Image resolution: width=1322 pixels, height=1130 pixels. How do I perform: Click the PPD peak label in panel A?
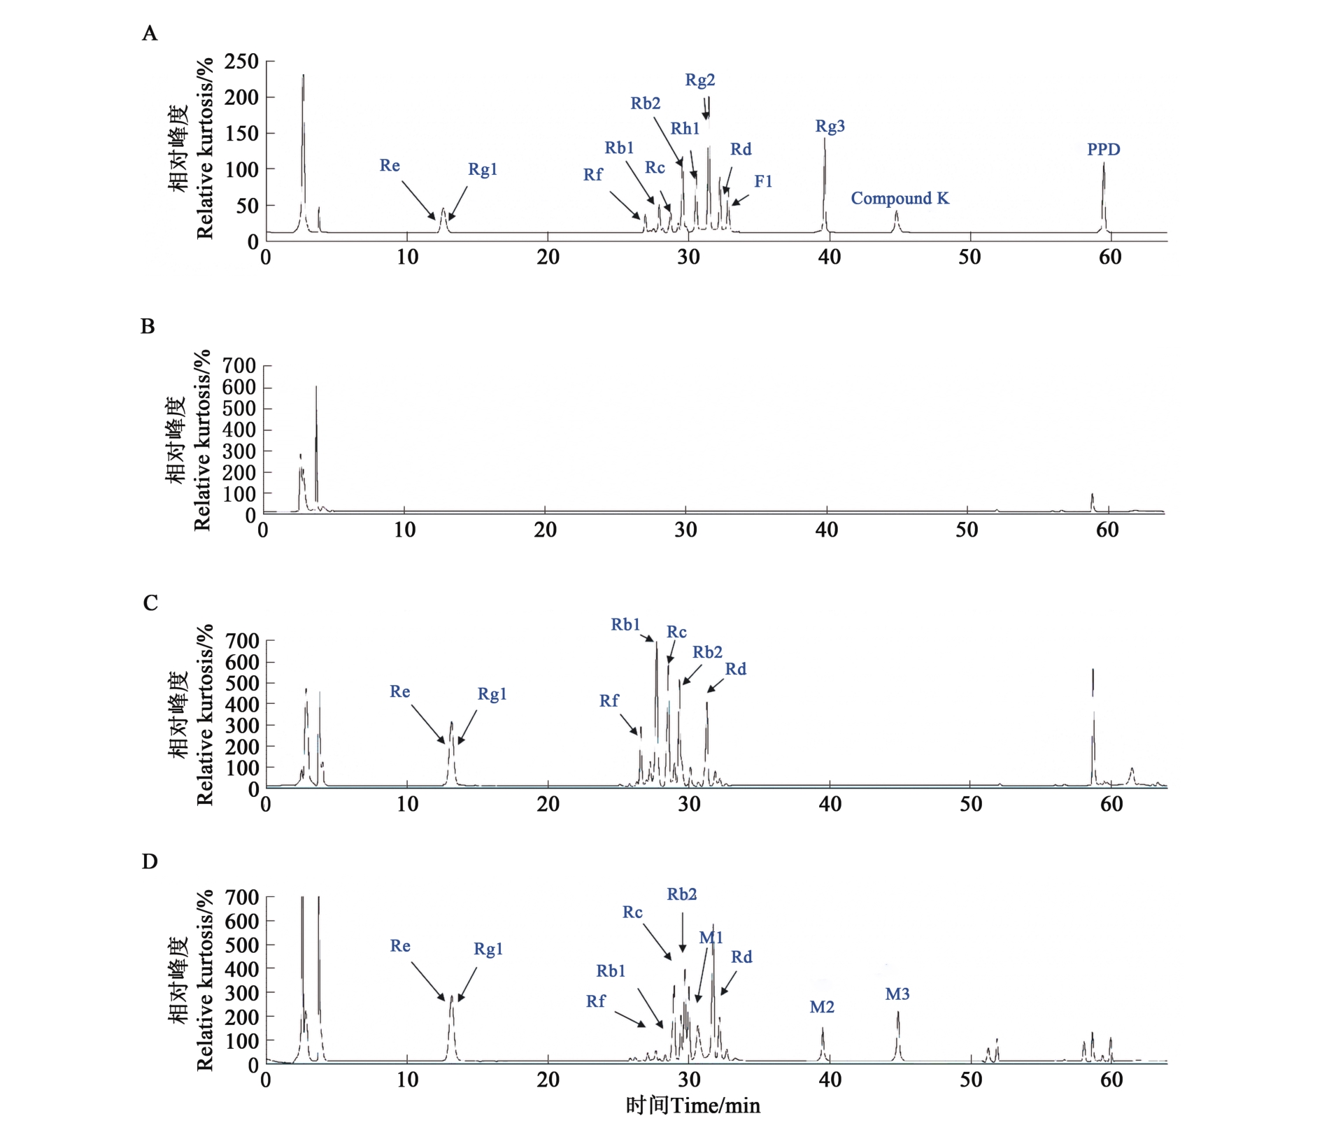click(x=1103, y=149)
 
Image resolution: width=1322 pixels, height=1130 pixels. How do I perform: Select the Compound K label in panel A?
click(x=900, y=199)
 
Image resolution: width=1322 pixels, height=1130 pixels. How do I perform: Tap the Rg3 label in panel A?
click(x=830, y=127)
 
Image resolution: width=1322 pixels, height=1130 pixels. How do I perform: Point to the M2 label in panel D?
click(x=822, y=1007)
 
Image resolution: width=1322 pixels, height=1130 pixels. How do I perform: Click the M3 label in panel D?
click(x=897, y=994)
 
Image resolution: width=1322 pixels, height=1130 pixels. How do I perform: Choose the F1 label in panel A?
click(x=763, y=182)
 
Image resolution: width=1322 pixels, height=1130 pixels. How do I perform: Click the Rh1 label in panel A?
click(x=685, y=129)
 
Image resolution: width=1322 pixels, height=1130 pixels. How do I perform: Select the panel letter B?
click(x=148, y=326)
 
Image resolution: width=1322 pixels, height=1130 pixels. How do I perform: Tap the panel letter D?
click(x=150, y=861)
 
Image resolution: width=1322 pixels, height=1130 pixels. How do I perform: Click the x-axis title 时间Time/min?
click(x=692, y=1106)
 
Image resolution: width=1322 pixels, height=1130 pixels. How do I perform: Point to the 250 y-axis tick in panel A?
click(x=241, y=62)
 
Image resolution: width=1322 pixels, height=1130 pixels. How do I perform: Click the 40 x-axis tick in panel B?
click(x=826, y=530)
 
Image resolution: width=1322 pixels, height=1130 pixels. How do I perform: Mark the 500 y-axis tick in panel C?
click(x=241, y=683)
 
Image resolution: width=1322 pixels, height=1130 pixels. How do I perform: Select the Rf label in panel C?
click(x=609, y=701)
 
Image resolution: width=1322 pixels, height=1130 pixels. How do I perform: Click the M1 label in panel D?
click(x=711, y=938)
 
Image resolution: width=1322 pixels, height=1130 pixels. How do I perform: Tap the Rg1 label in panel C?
click(x=492, y=694)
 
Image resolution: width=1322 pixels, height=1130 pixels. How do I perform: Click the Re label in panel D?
click(x=400, y=946)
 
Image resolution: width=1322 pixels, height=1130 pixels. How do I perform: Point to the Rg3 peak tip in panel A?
click(x=825, y=139)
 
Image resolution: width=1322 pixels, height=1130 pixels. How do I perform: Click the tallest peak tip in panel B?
click(x=316, y=386)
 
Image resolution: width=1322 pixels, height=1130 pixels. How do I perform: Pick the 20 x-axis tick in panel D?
click(x=548, y=1080)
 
